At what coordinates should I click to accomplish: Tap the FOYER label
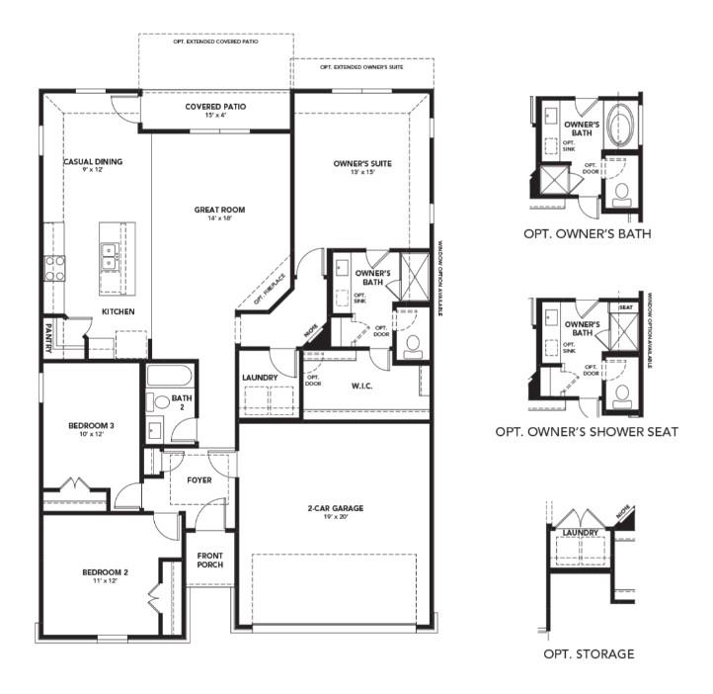coord(199,480)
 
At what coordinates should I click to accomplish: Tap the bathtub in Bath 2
coord(171,377)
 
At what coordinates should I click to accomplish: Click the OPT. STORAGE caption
coord(589,653)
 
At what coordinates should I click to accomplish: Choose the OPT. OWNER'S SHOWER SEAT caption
coord(586,432)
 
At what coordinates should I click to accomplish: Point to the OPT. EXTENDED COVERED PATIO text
coord(215,42)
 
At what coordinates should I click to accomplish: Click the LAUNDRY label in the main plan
coord(260,378)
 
